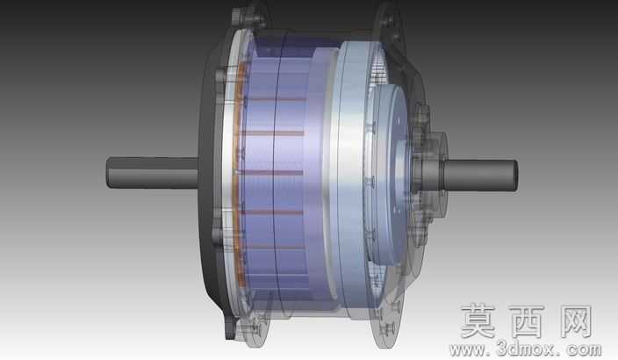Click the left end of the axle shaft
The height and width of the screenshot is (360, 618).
(x=107, y=173)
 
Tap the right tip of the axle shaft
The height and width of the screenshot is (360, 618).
(x=517, y=176)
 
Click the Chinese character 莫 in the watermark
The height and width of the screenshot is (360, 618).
(x=478, y=320)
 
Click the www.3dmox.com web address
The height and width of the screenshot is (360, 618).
(x=526, y=349)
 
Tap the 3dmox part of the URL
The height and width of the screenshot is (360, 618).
(x=527, y=349)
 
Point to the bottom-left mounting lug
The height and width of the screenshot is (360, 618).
(x=247, y=329)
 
